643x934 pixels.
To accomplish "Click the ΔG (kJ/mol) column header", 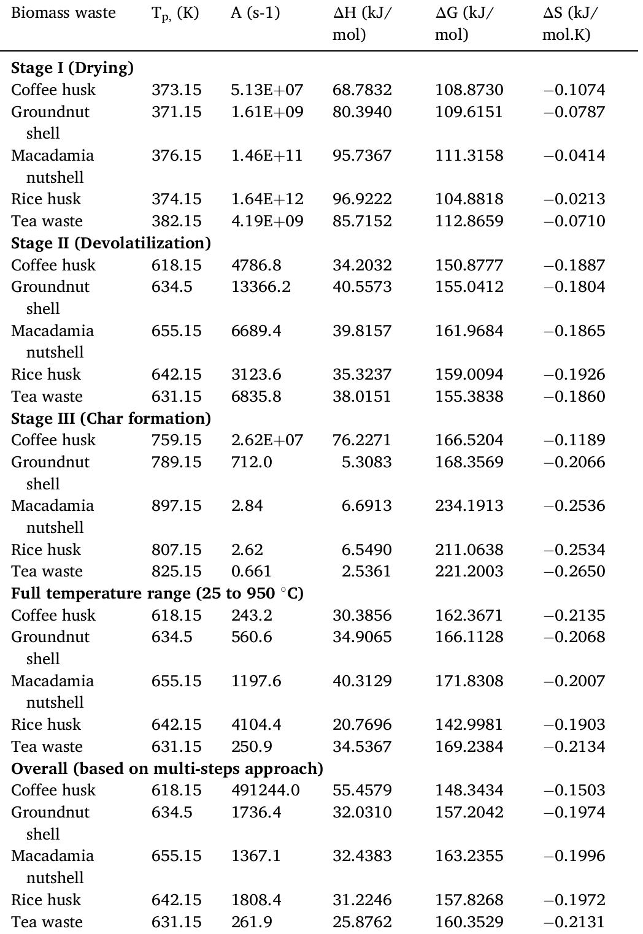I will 464,23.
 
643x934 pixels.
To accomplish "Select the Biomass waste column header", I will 63,13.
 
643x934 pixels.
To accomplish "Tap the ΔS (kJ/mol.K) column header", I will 570,23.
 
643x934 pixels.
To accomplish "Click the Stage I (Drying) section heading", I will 72,67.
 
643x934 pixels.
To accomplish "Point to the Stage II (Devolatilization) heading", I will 110,243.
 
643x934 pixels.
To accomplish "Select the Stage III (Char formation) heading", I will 110,418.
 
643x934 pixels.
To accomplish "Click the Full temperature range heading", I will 157,593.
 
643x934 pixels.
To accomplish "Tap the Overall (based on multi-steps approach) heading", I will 167,768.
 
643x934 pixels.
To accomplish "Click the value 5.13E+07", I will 267,90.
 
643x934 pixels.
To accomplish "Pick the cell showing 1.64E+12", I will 267,199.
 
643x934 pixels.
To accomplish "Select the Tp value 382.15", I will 176,221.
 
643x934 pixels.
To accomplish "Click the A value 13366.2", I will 260,286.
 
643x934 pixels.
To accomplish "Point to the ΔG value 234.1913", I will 469,505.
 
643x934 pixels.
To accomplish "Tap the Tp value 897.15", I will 176,505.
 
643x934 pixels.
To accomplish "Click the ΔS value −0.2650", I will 574,571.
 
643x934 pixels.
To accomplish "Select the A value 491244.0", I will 265,790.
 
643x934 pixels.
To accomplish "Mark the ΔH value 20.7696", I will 361,724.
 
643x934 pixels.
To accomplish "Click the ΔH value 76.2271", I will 361,440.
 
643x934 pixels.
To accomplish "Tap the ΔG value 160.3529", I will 469,922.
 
